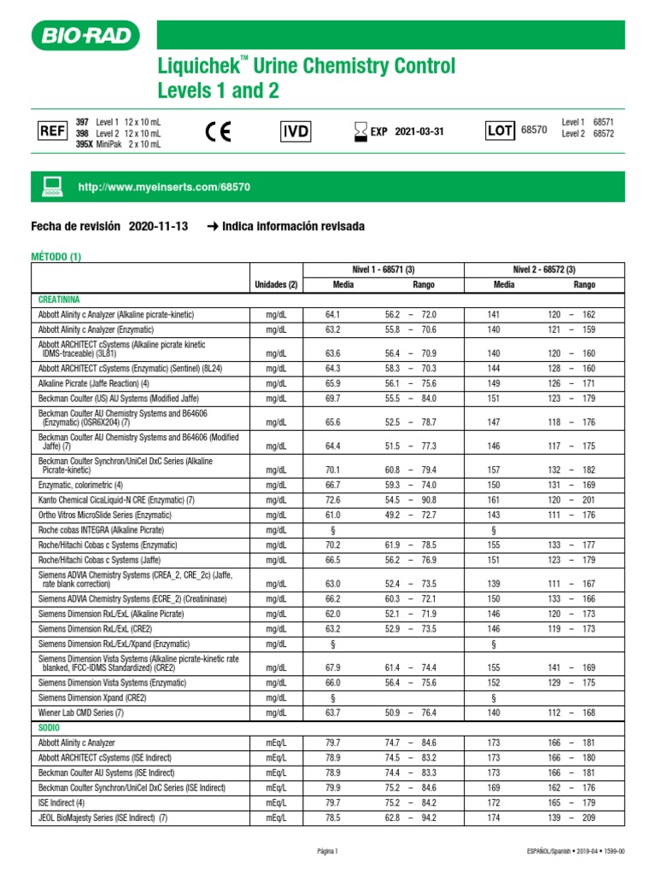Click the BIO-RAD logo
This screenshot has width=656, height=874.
pyautogui.click(x=85, y=36)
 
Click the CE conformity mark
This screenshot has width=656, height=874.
pyautogui.click(x=219, y=131)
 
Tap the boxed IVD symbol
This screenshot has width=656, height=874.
pyautogui.click(x=296, y=131)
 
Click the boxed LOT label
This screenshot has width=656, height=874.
pyautogui.click(x=500, y=131)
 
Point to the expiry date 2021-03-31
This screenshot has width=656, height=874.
pyautogui.click(x=419, y=131)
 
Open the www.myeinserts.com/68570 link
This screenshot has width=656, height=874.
pyautogui.click(x=164, y=186)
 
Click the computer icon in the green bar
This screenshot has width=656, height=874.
pyautogui.click(x=53, y=185)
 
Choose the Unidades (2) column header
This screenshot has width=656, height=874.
pyautogui.click(x=275, y=284)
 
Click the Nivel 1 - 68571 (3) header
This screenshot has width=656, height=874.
pyautogui.click(x=383, y=270)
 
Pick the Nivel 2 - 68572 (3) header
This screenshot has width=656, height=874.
pyautogui.click(x=543, y=270)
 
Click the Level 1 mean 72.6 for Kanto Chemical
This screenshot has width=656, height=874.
pyautogui.click(x=333, y=499)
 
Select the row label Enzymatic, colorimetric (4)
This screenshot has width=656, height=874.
pyautogui.click(x=86, y=485)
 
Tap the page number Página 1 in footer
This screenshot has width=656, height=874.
pyautogui.click(x=327, y=851)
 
